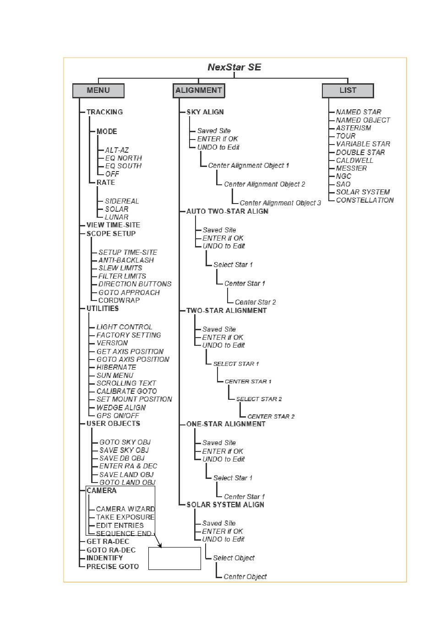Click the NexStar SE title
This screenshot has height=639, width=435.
[234, 67]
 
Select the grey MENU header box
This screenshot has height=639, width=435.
[98, 91]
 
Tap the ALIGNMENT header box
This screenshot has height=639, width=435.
[199, 91]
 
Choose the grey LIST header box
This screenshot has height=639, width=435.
[348, 91]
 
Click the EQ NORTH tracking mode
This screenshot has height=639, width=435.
[123, 158]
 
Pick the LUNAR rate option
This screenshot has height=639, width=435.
[116, 217]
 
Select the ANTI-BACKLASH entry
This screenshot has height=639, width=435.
[126, 260]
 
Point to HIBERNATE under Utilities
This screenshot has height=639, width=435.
[116, 367]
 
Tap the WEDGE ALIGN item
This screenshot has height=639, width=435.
[121, 408]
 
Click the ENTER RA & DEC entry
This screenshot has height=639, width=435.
[128, 466]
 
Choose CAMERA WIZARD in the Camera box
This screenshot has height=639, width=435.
[125, 509]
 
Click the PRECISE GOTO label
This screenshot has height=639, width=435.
[113, 566]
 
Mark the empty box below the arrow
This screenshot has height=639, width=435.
[174, 558]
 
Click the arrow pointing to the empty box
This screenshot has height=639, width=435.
[158, 540]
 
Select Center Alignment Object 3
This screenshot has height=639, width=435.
[280, 203]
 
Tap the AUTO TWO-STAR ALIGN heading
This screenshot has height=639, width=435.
[228, 211]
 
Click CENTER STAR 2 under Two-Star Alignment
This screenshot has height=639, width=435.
[271, 417]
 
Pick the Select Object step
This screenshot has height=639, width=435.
[234, 558]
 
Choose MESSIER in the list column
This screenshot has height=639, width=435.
[351, 168]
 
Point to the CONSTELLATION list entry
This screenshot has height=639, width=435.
[365, 200]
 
